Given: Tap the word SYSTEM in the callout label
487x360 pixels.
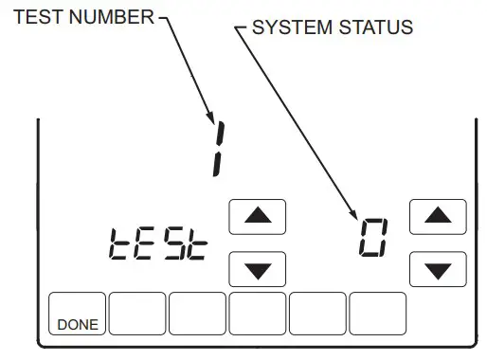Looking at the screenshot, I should tap(289, 27).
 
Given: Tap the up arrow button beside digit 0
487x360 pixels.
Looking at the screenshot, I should tap(438, 217).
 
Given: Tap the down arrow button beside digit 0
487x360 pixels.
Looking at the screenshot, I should tap(438, 269).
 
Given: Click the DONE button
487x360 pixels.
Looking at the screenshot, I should tap(78, 314).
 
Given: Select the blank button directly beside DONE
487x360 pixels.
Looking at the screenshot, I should tap(137, 314).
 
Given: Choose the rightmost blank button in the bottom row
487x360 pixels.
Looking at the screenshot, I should tap(378, 314).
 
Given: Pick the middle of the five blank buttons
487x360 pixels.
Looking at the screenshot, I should tap(258, 314).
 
